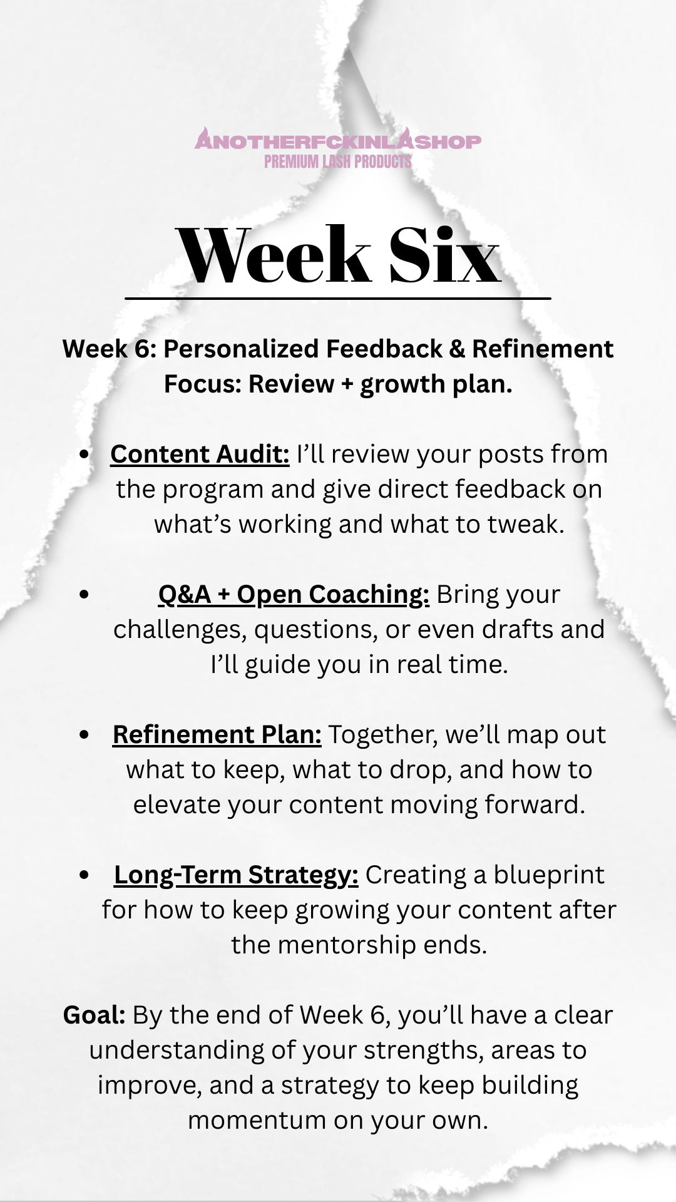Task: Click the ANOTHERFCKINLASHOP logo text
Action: click(338, 140)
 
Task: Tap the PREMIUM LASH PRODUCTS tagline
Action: click(338, 162)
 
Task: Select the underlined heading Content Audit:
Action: click(200, 454)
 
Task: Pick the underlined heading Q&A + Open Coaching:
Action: click(294, 594)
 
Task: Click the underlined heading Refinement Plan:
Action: click(217, 734)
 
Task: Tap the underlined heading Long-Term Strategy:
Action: click(236, 875)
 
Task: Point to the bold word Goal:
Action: click(95, 1015)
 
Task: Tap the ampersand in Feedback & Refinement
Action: click(457, 349)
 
